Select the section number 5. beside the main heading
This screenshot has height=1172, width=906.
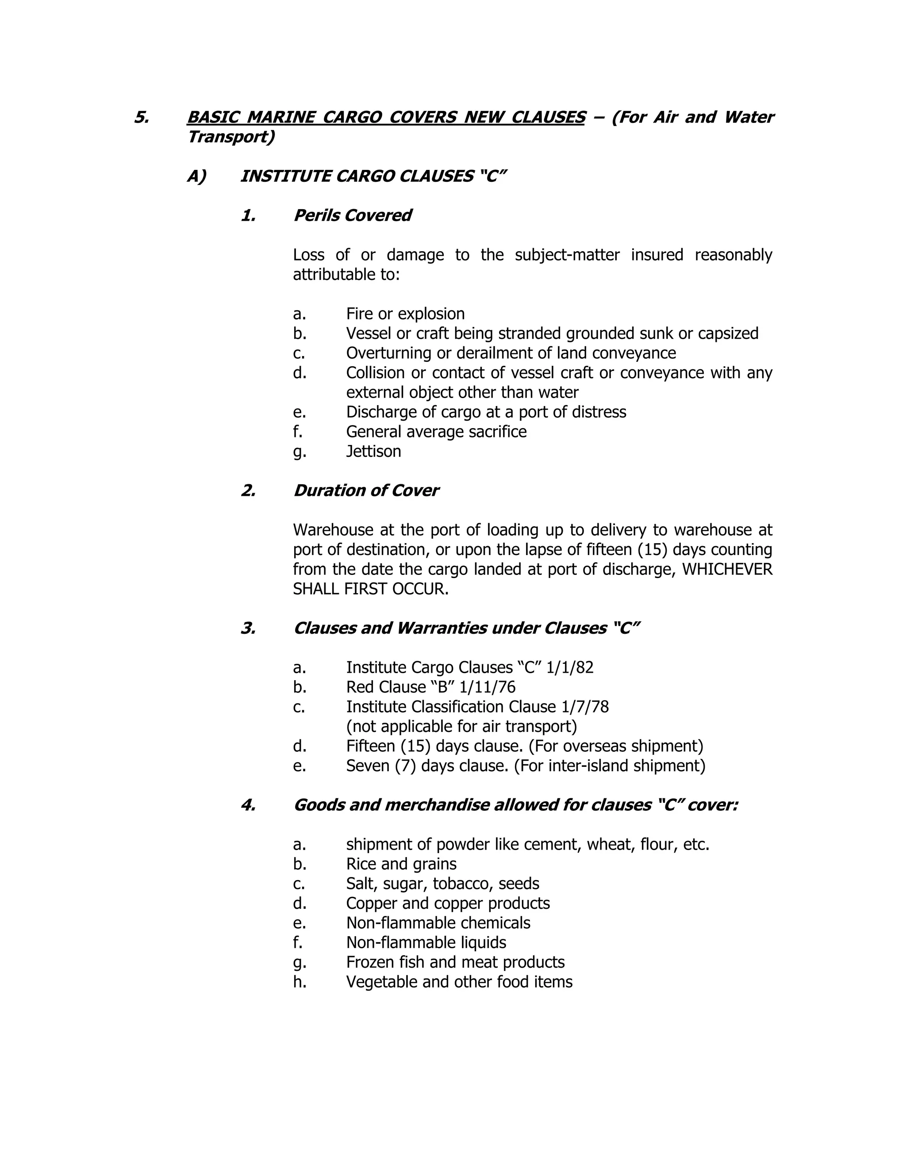(x=142, y=117)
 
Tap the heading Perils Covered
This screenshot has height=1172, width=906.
(x=352, y=215)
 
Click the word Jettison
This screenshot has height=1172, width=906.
(x=373, y=451)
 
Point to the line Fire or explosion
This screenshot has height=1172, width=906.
(x=405, y=314)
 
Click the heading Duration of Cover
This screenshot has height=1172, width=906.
(x=366, y=490)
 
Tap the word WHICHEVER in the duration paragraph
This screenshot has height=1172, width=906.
(x=727, y=569)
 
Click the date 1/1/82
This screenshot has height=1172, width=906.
(x=570, y=667)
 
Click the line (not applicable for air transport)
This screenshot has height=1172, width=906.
(x=461, y=727)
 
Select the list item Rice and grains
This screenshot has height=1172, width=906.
(x=402, y=864)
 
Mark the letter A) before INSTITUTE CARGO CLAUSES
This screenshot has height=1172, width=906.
(x=196, y=176)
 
